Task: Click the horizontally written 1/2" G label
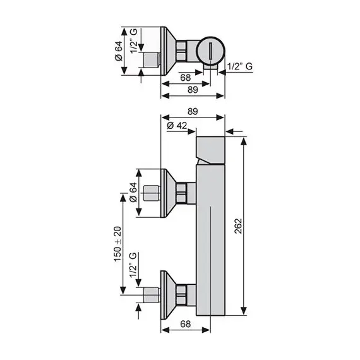[241, 66]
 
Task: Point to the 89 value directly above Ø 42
[194, 111]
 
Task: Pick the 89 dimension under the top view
[193, 89]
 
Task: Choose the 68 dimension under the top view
[186, 77]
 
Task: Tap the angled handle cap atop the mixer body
[212, 150]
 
